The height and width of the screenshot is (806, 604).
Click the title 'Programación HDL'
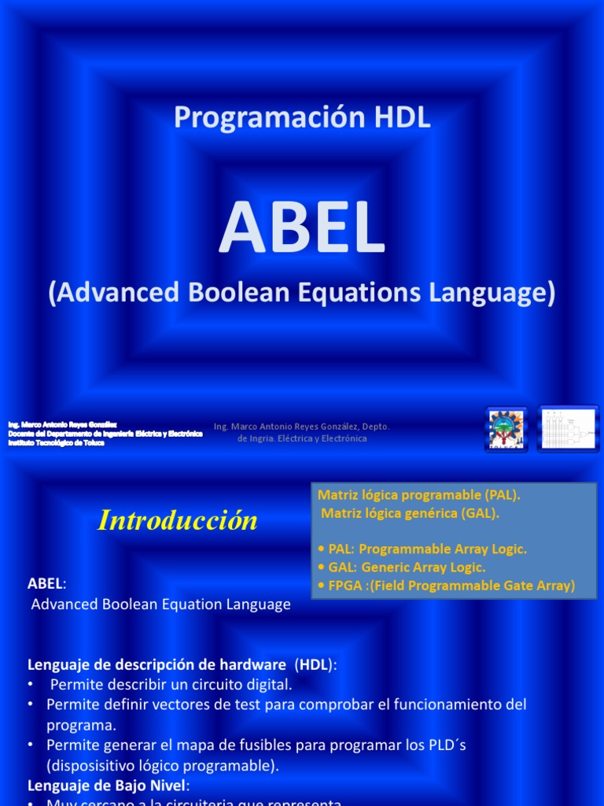[x=302, y=117]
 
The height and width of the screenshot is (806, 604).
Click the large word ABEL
[x=302, y=229]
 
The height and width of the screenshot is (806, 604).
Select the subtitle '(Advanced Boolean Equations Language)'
[x=302, y=293]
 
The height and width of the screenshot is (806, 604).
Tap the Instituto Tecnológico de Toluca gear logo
[x=506, y=429]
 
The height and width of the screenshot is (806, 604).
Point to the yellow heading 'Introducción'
[x=178, y=520]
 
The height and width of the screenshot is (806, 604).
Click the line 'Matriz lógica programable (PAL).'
[x=418, y=495]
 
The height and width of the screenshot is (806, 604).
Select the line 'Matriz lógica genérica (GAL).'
[x=410, y=513]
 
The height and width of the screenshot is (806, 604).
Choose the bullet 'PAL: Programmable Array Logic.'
[x=422, y=549]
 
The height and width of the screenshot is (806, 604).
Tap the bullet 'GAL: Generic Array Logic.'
[x=402, y=567]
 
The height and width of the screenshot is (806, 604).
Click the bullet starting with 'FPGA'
[x=447, y=586]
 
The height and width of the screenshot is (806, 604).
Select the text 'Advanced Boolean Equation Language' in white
[x=160, y=604]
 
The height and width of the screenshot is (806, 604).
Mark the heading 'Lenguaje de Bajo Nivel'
[x=108, y=785]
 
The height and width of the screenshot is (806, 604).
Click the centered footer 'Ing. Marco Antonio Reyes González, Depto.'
[x=302, y=427]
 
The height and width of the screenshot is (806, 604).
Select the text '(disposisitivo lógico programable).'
[x=163, y=765]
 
